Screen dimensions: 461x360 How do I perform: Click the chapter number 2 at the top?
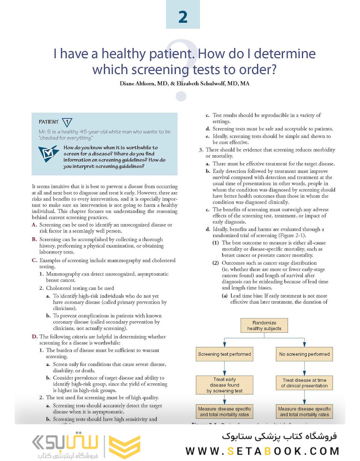coord(183,18)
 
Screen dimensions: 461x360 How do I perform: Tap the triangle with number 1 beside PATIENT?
coord(67,122)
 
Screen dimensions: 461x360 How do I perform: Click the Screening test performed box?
coord(224,354)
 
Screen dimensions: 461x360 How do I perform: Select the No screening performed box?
coord(304,354)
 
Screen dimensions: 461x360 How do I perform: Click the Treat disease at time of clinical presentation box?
coord(304,382)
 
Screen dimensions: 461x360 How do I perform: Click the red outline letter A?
coord(34,225)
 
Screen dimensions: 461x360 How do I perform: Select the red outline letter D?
coord(34,337)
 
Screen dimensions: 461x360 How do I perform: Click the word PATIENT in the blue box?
coord(49,122)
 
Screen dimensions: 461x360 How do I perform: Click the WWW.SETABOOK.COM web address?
coord(262,451)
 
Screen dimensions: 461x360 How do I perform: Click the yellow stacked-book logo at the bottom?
coord(124,447)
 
